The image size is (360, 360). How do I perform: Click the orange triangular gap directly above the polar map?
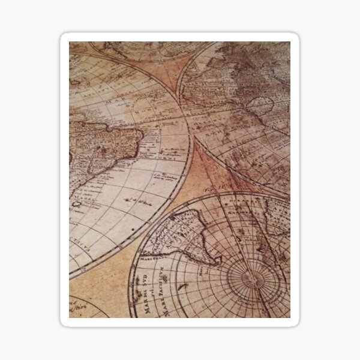pyautogui.click(x=207, y=174)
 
